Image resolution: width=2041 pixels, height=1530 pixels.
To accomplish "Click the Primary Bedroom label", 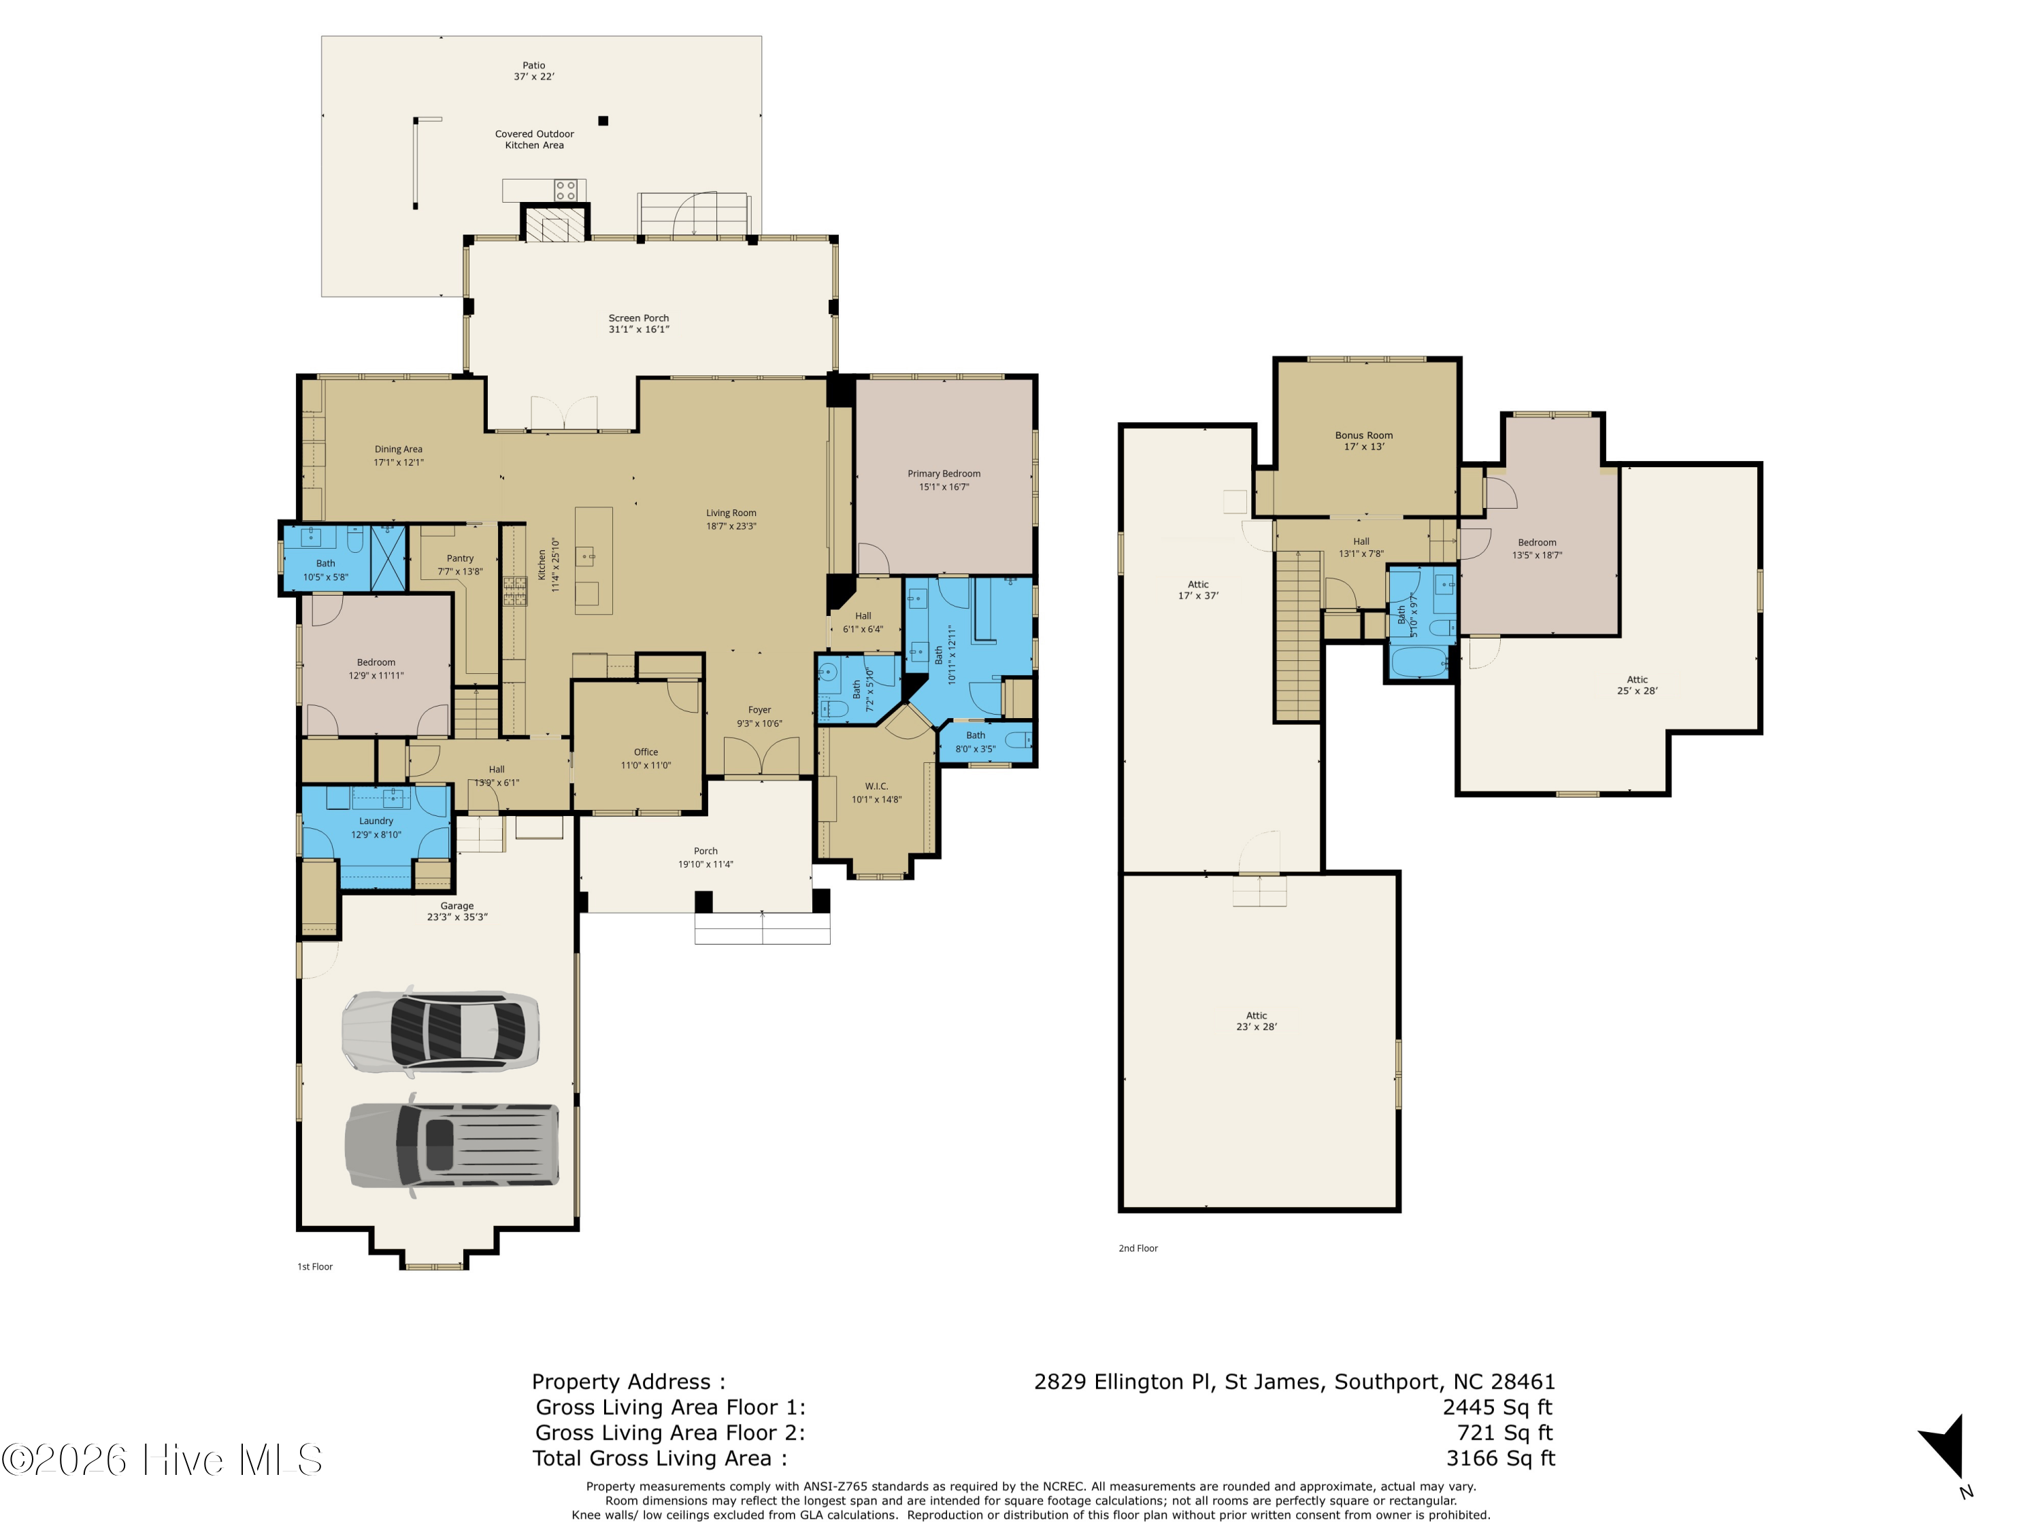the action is pyautogui.click(x=943, y=474).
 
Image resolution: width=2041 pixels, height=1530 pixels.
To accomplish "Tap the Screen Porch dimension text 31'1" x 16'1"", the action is pyautogui.click(x=639, y=329).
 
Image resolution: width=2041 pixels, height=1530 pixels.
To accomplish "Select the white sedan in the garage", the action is pyautogui.click(x=440, y=1032).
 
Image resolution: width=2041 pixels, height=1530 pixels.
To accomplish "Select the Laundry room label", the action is pyautogui.click(x=376, y=821).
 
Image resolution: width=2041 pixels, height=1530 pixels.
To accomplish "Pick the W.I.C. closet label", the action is pyautogui.click(x=876, y=787).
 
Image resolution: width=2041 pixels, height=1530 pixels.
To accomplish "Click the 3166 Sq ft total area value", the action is pyautogui.click(x=1500, y=1458).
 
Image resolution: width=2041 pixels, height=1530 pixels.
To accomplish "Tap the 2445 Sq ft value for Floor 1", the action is pyautogui.click(x=1497, y=1408).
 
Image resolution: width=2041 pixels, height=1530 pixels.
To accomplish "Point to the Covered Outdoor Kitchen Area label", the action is pyautogui.click(x=534, y=139).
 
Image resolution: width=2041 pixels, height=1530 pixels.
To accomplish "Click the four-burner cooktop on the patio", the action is pyautogui.click(x=565, y=190).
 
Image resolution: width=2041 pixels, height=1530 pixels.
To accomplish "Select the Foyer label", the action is pyautogui.click(x=759, y=710).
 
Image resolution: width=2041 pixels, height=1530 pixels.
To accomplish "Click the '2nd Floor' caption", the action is pyautogui.click(x=1138, y=1248).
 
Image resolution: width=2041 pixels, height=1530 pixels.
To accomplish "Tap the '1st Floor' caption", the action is pyautogui.click(x=314, y=1267).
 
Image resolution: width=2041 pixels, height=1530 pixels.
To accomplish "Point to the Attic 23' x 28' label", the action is pyautogui.click(x=1257, y=1021).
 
